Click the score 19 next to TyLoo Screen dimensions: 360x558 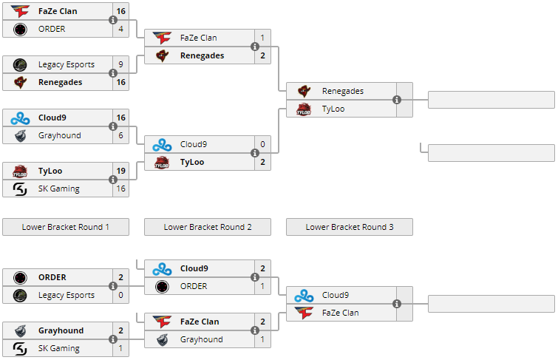click(x=120, y=171)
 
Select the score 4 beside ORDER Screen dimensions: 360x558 click(x=120, y=29)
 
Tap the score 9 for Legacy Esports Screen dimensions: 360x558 click(x=120, y=64)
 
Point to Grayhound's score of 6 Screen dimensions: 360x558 click(x=120, y=135)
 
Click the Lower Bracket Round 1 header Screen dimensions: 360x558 click(x=66, y=227)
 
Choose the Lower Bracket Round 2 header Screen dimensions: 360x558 click(x=208, y=227)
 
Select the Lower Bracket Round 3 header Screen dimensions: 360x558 click(x=350, y=227)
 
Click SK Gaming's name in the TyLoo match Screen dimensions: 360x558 click(x=59, y=189)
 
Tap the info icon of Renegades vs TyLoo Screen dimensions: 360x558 click(x=397, y=100)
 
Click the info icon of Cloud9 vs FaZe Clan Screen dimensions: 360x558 click(x=397, y=304)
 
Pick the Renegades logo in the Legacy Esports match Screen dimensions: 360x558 click(x=20, y=82)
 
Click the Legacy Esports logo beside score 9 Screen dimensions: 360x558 click(x=20, y=64)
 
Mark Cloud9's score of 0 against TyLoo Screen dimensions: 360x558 click(x=262, y=144)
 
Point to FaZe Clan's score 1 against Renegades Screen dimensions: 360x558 click(x=262, y=38)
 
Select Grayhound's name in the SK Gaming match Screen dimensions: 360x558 click(x=61, y=330)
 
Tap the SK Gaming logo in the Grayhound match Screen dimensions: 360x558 click(x=20, y=348)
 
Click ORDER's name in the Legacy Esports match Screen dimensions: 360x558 click(x=52, y=277)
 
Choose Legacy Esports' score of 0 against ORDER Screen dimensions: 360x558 click(x=120, y=295)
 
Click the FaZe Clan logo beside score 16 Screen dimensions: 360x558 click(x=20, y=11)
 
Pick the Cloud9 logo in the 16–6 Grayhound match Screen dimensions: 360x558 click(x=20, y=118)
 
